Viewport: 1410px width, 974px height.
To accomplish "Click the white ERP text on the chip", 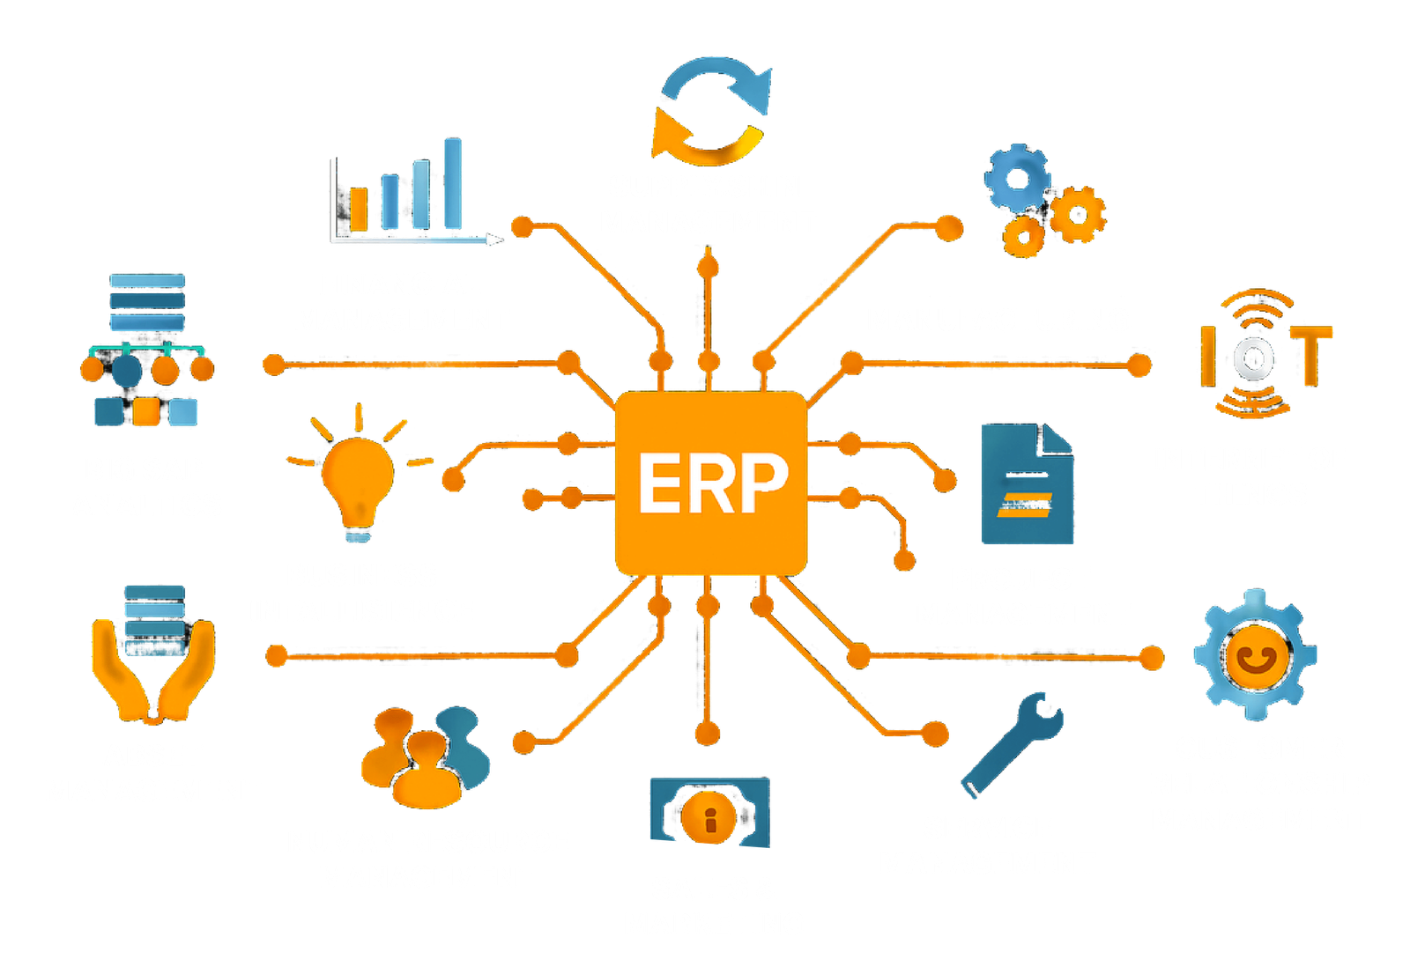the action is click(713, 483).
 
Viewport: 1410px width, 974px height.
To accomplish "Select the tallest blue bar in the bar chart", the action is click(453, 183).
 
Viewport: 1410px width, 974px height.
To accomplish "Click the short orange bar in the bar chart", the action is click(358, 209).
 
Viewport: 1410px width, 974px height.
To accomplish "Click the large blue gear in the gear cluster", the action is click(1017, 178).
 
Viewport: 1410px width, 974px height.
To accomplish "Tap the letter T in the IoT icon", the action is click(1311, 355).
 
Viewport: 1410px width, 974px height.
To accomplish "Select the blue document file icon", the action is click(1028, 483).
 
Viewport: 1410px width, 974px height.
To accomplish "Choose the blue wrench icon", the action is click(1012, 744).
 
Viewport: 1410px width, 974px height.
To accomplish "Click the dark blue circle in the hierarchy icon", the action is click(127, 372).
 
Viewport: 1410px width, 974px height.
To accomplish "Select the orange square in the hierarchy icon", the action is click(146, 411).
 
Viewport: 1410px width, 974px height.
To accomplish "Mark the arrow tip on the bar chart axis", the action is click(502, 239).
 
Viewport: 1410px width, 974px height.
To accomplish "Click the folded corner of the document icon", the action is click(1057, 439).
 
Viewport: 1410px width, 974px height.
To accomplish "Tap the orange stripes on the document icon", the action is click(1024, 505).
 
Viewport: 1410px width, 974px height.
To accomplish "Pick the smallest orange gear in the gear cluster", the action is click(1023, 237).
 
